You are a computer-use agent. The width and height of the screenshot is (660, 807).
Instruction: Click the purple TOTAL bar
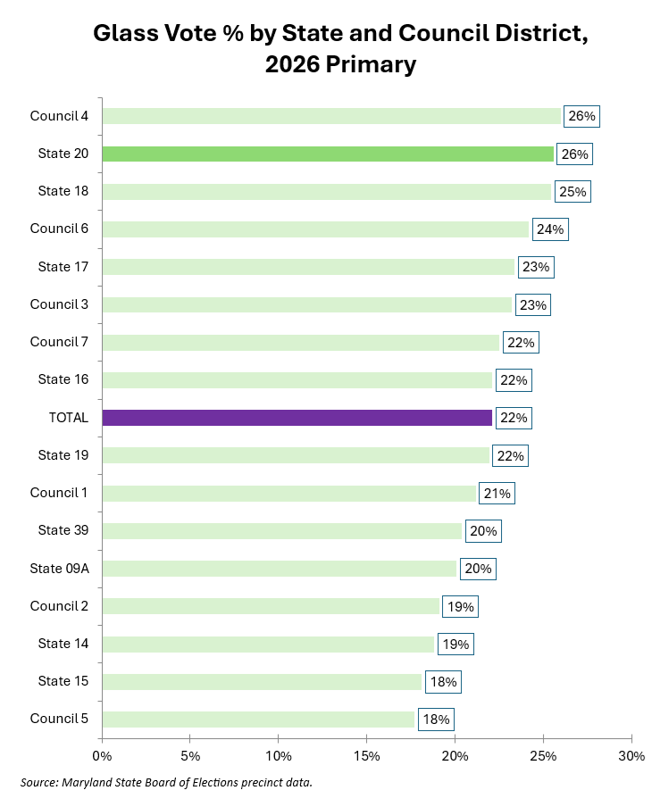pyautogui.click(x=297, y=418)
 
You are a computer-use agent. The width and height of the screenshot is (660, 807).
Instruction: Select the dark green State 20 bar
pyautogui.click(x=328, y=154)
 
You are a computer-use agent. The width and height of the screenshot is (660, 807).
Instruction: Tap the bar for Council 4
pyautogui.click(x=331, y=116)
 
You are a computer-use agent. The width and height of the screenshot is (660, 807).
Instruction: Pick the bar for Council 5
pyautogui.click(x=258, y=720)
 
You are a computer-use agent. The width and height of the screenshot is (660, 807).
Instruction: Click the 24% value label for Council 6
pyautogui.click(x=550, y=229)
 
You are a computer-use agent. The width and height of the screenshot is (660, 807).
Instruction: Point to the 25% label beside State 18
pyautogui.click(x=573, y=192)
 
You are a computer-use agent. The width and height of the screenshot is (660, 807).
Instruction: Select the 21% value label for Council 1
pyautogui.click(x=497, y=494)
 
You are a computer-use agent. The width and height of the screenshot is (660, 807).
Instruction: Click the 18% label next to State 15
pyautogui.click(x=443, y=682)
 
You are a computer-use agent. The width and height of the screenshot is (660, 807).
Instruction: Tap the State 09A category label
pyautogui.click(x=59, y=569)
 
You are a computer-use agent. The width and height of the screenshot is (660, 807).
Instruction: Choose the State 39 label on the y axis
pyautogui.click(x=63, y=530)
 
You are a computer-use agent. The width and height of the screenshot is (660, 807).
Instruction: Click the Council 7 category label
pyautogui.click(x=59, y=342)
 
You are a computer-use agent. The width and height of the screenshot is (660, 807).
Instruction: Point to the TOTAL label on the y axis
pyautogui.click(x=69, y=418)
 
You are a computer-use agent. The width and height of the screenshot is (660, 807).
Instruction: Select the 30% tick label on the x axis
pyautogui.click(x=631, y=756)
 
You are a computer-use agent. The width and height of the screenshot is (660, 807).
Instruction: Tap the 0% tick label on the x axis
pyautogui.click(x=102, y=756)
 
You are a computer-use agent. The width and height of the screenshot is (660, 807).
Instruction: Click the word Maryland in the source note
pyautogui.click(x=82, y=783)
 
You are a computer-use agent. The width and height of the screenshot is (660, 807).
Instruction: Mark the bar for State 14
pyautogui.click(x=268, y=645)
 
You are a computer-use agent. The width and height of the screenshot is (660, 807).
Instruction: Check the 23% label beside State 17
pyautogui.click(x=536, y=267)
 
